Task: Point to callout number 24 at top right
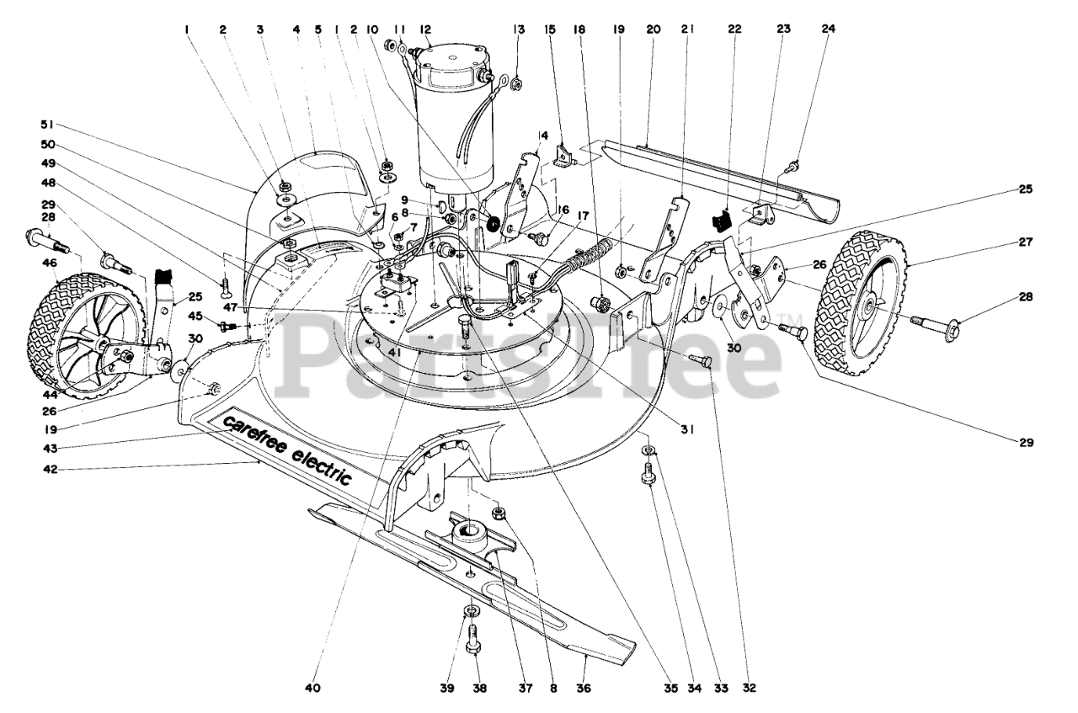coord(828,29)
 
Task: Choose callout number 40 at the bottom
coord(313,688)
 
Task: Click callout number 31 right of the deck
coord(687,428)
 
